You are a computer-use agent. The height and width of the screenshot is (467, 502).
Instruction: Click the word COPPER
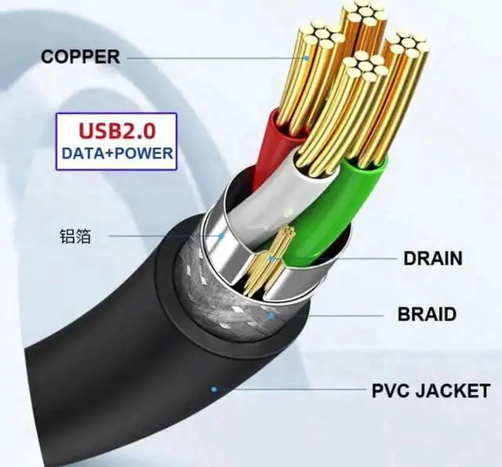tap(80, 57)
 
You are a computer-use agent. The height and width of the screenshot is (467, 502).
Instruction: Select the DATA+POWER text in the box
tap(116, 152)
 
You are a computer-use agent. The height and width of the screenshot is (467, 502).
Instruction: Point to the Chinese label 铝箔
tap(75, 235)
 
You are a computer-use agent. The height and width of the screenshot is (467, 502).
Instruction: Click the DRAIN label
tap(432, 258)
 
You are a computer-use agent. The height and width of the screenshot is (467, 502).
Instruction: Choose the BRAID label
tap(427, 315)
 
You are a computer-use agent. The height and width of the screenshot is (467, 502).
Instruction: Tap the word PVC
tap(390, 389)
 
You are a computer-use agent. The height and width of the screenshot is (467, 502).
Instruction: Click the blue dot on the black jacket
tap(214, 389)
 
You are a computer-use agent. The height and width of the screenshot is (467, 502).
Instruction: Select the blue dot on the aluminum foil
tap(222, 234)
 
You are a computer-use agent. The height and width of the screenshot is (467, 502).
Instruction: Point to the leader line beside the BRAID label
tap(329, 315)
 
